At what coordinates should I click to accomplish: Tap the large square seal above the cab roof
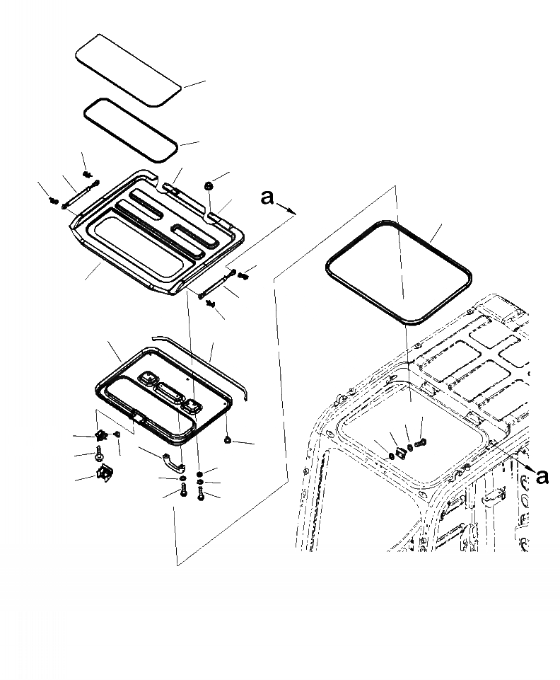pyautogui.click(x=397, y=272)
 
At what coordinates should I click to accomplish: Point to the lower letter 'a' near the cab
pyautogui.click(x=542, y=478)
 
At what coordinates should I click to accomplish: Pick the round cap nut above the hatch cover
pyautogui.click(x=209, y=185)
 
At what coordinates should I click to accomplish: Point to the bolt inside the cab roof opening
pyautogui.click(x=421, y=442)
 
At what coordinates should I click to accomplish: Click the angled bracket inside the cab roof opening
pyautogui.click(x=400, y=451)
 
